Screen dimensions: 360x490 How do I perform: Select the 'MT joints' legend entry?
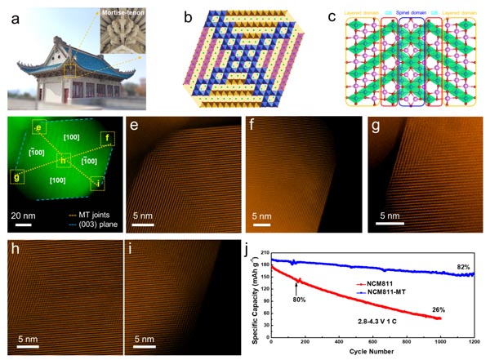(x=89, y=211)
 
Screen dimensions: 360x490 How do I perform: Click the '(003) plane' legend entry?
(x=89, y=220)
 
